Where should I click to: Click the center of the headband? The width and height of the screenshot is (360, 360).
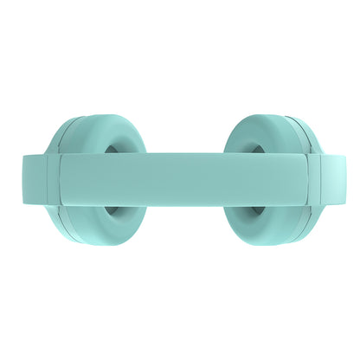[180, 179]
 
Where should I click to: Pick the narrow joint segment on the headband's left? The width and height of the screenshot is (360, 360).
[50, 179]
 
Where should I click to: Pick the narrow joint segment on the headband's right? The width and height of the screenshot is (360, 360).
[310, 179]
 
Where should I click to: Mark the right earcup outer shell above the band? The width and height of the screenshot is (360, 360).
[294, 138]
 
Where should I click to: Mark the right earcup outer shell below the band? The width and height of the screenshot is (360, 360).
[294, 220]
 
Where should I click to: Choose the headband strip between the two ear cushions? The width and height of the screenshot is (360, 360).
[180, 169]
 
